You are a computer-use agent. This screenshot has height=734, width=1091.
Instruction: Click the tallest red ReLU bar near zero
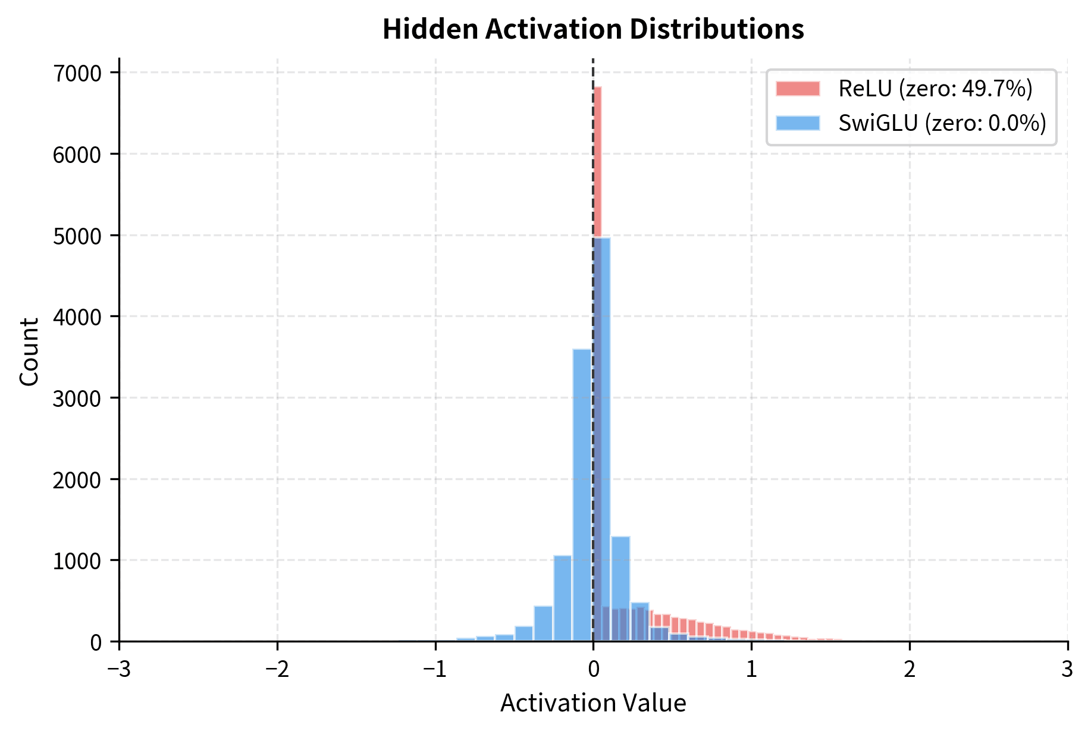point(597,161)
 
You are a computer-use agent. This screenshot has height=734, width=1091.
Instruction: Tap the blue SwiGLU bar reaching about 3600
point(582,494)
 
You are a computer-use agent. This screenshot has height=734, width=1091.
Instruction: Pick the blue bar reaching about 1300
point(620,589)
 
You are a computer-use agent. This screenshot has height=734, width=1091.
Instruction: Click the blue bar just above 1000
point(563,598)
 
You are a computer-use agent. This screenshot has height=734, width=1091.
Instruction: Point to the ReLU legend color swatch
point(798,89)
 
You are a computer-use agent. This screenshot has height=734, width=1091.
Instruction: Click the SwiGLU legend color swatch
point(798,123)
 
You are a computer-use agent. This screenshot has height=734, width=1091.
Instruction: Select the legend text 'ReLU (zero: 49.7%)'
point(935,89)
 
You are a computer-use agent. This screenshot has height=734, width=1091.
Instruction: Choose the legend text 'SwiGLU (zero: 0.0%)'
point(942,123)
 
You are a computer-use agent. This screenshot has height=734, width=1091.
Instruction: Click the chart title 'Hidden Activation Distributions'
point(593,29)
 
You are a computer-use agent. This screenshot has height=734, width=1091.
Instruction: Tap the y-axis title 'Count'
point(29,352)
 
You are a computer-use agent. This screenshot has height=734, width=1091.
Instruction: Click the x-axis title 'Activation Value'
point(593,703)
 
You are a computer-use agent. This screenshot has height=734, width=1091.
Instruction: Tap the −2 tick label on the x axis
point(277,670)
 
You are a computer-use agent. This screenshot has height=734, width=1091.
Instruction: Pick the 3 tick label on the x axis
point(1067,670)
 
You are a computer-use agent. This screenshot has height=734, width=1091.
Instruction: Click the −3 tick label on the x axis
point(119,670)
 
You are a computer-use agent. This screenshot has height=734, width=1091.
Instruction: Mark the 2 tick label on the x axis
point(910,670)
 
